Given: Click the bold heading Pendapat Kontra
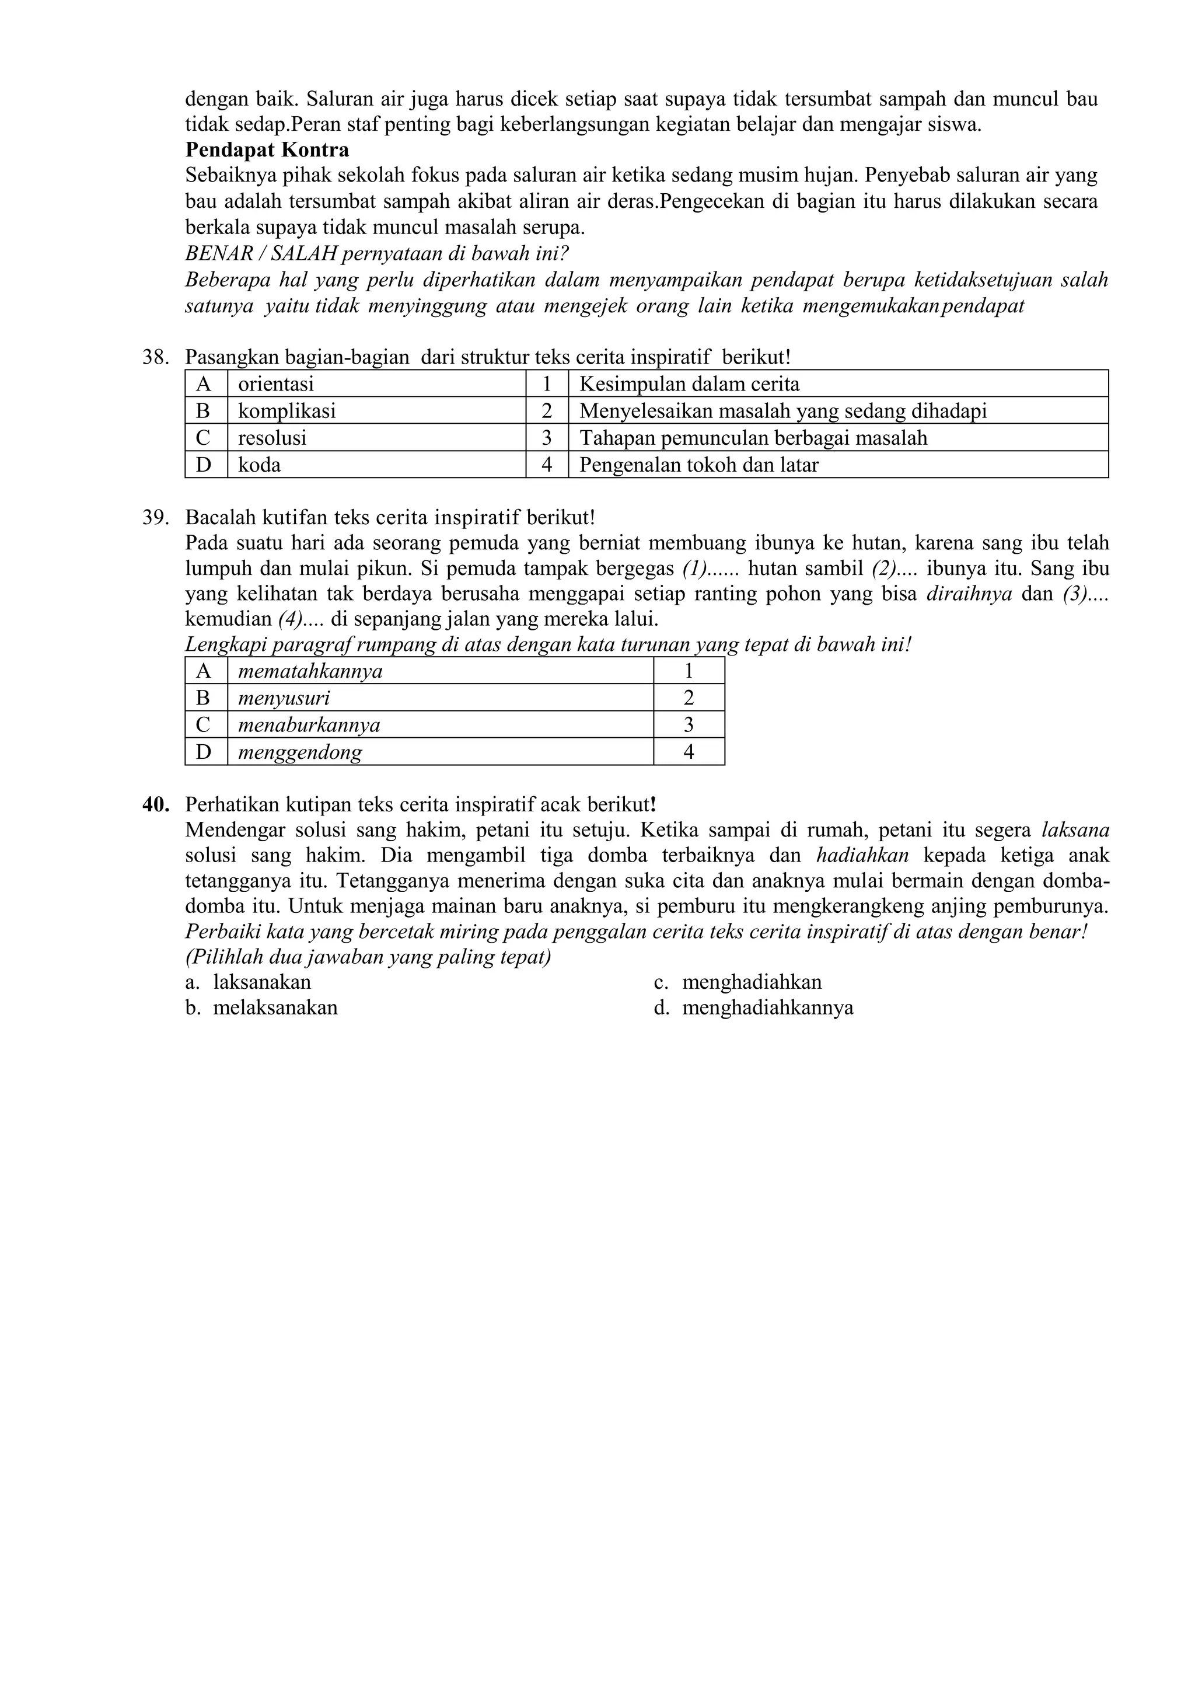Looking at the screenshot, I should coord(267,150).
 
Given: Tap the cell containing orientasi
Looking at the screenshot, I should coord(275,383).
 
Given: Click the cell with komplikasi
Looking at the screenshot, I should coord(286,411).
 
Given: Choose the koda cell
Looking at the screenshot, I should coord(259,465).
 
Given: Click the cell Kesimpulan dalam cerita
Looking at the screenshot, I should coord(689,383).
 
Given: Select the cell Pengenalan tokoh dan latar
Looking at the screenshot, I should coord(699,465).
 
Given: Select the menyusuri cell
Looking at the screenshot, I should coord(284,698).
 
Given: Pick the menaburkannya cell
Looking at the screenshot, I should coord(309,725).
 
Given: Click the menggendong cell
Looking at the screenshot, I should coord(300,752).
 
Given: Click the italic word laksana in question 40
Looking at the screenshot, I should coord(1075,830).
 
